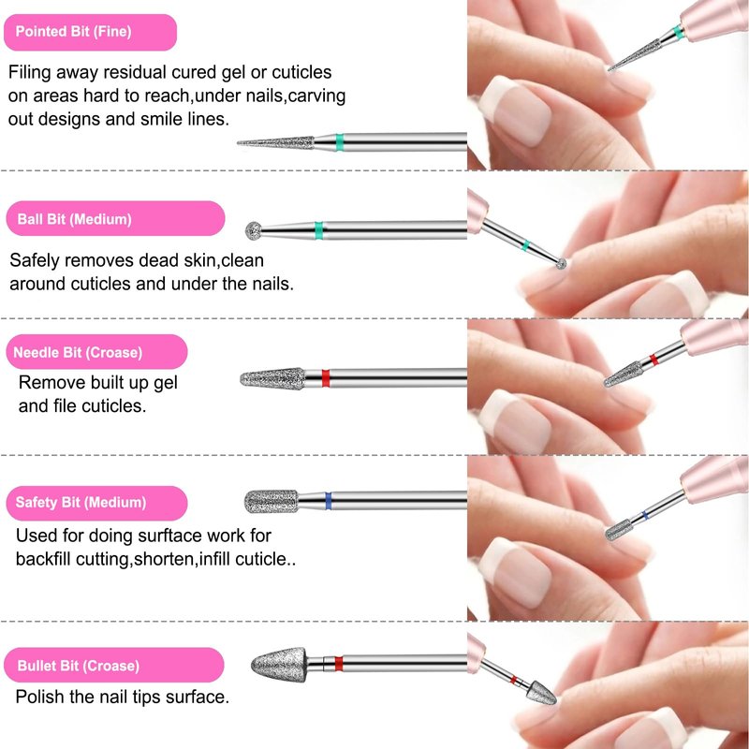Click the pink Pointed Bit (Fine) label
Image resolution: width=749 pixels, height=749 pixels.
pos(90,33)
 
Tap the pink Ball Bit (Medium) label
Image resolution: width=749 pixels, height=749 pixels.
pos(115,219)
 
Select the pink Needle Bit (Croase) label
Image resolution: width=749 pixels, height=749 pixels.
pos(96,352)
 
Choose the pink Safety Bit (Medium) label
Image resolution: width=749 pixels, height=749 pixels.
pos(96,503)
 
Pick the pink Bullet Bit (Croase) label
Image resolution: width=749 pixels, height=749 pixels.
pos(113,665)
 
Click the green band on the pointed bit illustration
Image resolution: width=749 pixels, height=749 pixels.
pos(339,142)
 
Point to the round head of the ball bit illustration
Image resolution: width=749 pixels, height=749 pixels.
pos(254,230)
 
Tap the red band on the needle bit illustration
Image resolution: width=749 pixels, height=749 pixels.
pos(325,378)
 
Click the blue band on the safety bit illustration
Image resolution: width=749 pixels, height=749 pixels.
pos(328,501)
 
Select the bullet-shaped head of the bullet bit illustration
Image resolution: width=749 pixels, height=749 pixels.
pos(279,665)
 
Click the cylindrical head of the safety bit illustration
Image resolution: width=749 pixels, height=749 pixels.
pos(272,502)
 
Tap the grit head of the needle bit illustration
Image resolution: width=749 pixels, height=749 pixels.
pos(272,379)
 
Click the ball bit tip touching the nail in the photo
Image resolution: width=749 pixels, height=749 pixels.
pos(561,263)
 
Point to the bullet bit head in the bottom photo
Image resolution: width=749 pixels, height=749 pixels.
pos(541,693)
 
